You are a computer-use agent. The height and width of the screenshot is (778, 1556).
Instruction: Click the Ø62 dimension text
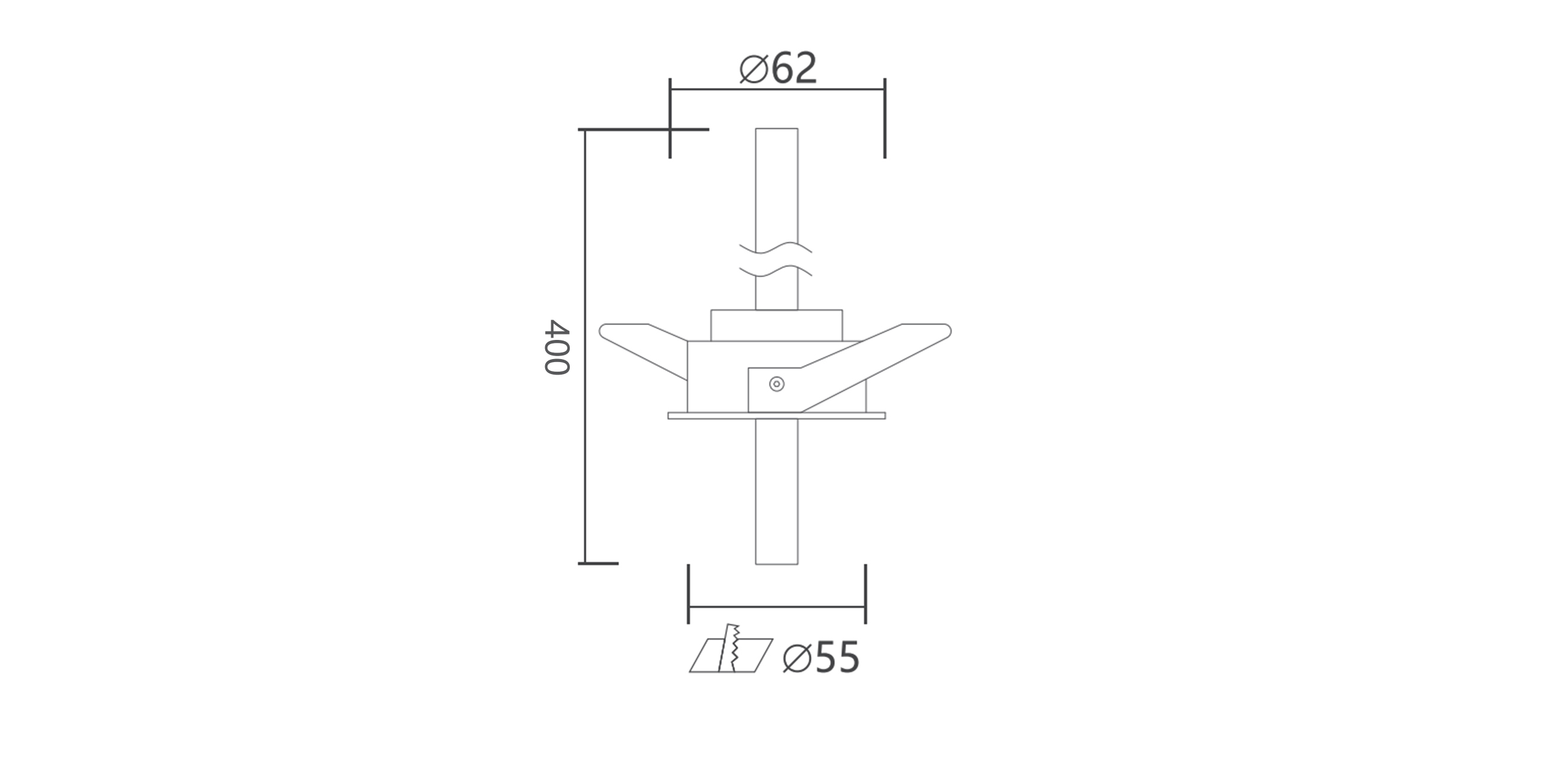(x=778, y=68)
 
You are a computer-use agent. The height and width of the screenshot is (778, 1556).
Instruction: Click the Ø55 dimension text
(x=820, y=657)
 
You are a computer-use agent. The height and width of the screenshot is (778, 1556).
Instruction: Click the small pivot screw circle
(x=777, y=384)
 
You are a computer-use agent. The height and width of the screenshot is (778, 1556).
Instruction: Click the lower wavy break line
(x=776, y=271)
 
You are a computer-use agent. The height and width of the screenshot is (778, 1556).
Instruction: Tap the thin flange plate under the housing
(x=777, y=415)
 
